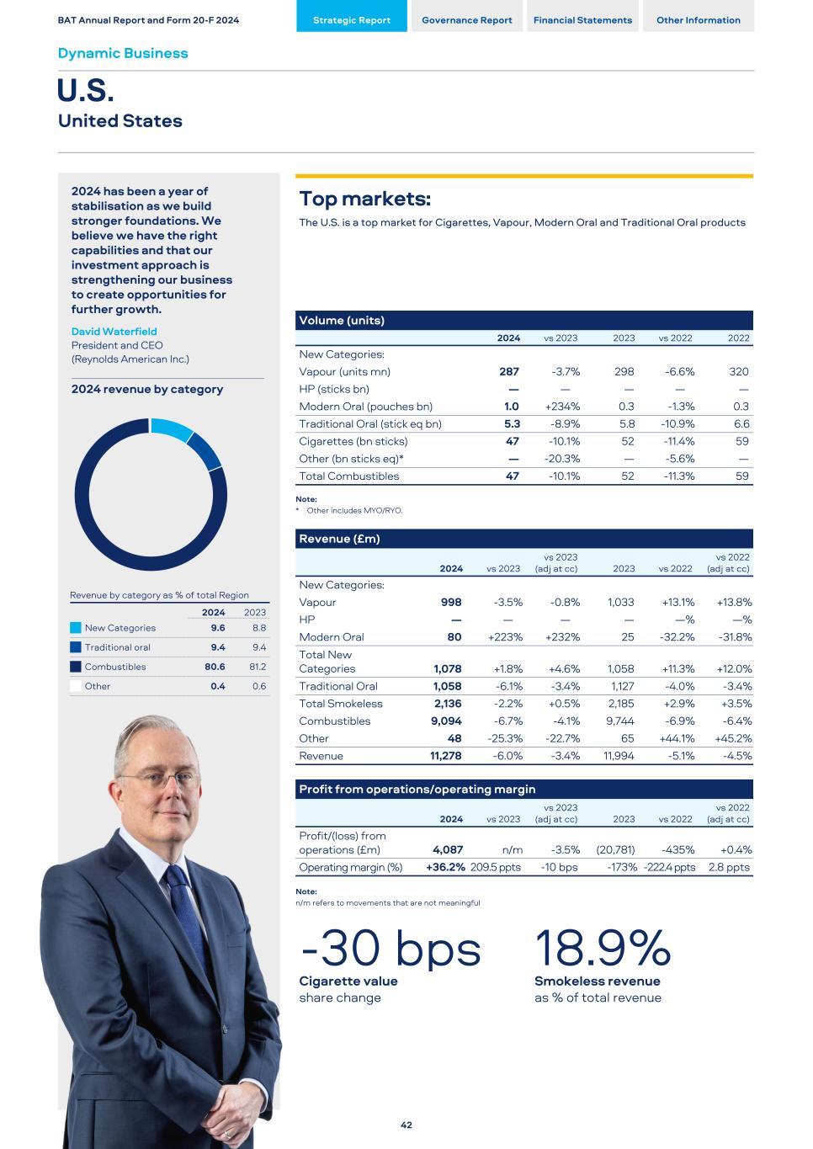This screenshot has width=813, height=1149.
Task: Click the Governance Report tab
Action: [x=466, y=20]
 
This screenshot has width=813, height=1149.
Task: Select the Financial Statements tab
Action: [x=582, y=20]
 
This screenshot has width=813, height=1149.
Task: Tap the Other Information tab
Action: [x=698, y=20]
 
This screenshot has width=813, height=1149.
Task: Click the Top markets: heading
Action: [x=365, y=199]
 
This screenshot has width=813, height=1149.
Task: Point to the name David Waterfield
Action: [x=114, y=332]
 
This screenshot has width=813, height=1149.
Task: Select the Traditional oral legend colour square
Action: [x=76, y=647]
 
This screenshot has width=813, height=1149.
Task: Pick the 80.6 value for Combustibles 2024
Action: [x=215, y=667]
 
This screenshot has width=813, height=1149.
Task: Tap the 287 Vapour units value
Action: [x=508, y=371]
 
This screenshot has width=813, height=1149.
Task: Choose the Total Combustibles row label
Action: [x=349, y=476]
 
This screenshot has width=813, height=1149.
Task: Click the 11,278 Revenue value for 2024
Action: [x=445, y=756]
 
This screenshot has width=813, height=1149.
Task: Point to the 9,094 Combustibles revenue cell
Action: [x=446, y=721]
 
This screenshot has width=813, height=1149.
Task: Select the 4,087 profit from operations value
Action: [x=448, y=850]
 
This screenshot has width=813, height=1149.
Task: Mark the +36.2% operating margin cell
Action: [x=445, y=867]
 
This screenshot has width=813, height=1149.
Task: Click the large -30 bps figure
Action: [x=391, y=950]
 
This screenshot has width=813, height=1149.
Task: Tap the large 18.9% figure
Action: [x=603, y=950]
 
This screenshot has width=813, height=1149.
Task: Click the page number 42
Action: [x=406, y=1125]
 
